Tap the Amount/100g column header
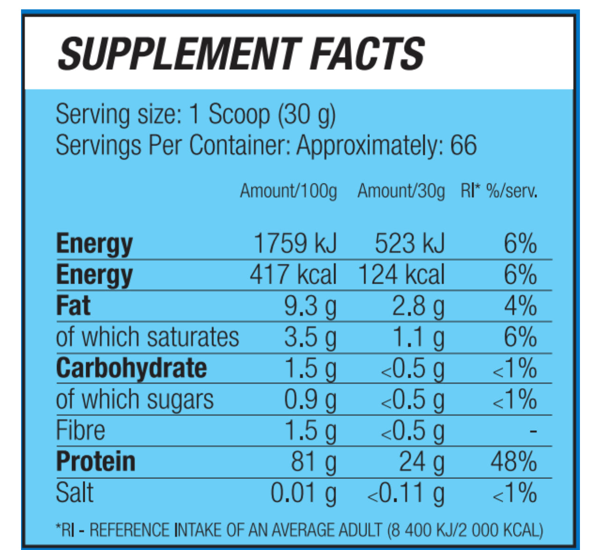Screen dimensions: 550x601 click(x=288, y=191)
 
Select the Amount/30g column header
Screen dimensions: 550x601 click(x=401, y=191)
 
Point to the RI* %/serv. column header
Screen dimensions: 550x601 click(x=499, y=191)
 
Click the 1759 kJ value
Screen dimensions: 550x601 click(x=295, y=243)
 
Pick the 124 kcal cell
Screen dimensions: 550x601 click(x=401, y=275)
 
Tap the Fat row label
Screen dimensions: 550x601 click(x=73, y=306)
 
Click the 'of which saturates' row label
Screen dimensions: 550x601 click(x=147, y=337)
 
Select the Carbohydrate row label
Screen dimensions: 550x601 click(x=132, y=368)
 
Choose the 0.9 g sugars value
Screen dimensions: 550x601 click(x=310, y=400)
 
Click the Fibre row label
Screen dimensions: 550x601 click(x=81, y=431)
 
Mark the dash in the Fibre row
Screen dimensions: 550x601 click(x=533, y=431)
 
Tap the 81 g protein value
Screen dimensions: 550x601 click(x=314, y=462)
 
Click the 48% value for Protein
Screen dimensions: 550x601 click(x=513, y=462)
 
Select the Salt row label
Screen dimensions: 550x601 click(x=75, y=493)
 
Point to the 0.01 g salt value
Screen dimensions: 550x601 click(x=303, y=493)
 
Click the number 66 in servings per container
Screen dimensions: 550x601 click(x=463, y=145)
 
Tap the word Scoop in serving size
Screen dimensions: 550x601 click(x=239, y=114)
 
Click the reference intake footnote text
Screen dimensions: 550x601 click(x=300, y=530)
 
